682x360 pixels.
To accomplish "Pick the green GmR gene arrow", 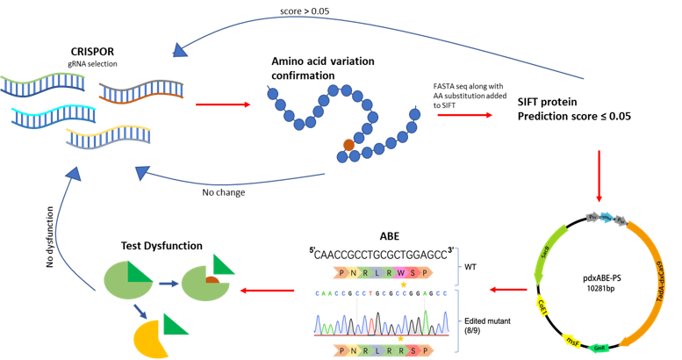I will point(599,348).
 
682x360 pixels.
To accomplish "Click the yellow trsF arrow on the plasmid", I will point(571,340).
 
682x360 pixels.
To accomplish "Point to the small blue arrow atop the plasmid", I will point(607,216).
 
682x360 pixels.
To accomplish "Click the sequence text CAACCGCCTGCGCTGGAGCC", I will point(380,255).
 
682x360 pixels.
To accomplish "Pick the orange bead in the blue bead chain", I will point(348,144).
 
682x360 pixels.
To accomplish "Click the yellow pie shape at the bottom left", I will point(151,338).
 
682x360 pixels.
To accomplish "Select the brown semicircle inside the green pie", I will point(212,279).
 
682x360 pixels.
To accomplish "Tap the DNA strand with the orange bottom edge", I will point(141,90).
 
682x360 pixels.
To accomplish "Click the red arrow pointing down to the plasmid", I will point(599,176).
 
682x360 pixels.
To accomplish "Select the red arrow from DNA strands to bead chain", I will point(223,104).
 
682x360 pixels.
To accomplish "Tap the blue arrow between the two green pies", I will point(169,283).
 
